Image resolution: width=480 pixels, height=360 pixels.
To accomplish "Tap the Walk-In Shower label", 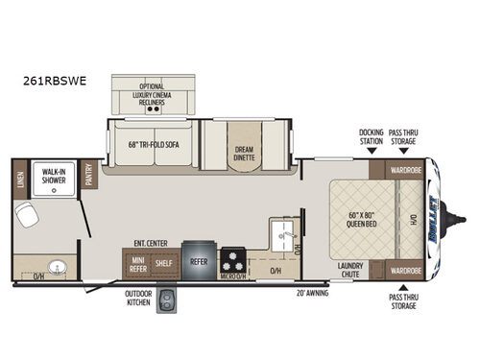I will coord(52,178).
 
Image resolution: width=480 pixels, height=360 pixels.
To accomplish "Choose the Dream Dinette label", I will coord(244,152).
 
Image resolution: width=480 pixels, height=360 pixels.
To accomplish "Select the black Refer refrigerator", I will coord(197,259).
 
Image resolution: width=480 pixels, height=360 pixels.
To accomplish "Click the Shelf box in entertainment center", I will coord(163,261).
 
